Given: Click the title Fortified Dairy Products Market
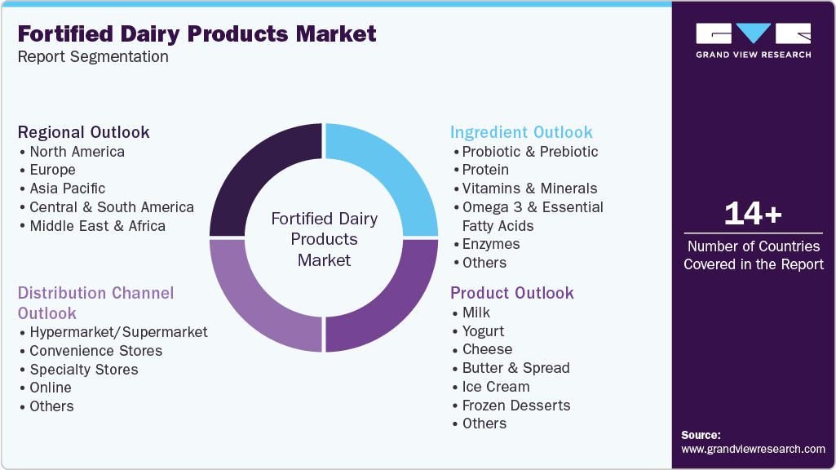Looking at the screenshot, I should click(x=197, y=33).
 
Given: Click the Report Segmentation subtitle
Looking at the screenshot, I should click(x=93, y=57).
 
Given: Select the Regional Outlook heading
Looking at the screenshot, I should click(x=84, y=132).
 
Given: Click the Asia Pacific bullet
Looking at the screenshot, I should click(x=67, y=188).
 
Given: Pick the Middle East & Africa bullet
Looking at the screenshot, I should click(x=97, y=226).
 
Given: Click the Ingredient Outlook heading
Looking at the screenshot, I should click(x=521, y=132).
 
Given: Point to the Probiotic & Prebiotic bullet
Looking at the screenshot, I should click(x=529, y=152).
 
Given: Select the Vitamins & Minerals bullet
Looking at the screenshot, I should click(x=529, y=188).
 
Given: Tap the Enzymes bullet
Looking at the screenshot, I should click(x=490, y=244).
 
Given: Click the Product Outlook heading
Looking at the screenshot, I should click(x=512, y=293).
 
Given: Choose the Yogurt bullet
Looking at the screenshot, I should click(x=483, y=331).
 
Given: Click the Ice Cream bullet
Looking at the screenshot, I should click(x=495, y=387).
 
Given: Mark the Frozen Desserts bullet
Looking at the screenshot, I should click(x=515, y=406).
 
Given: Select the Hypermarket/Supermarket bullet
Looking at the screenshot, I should click(x=118, y=332).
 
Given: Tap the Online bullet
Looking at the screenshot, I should click(x=50, y=388).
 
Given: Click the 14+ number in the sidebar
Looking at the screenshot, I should click(x=753, y=214).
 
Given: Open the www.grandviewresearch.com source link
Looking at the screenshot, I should click(x=753, y=449).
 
